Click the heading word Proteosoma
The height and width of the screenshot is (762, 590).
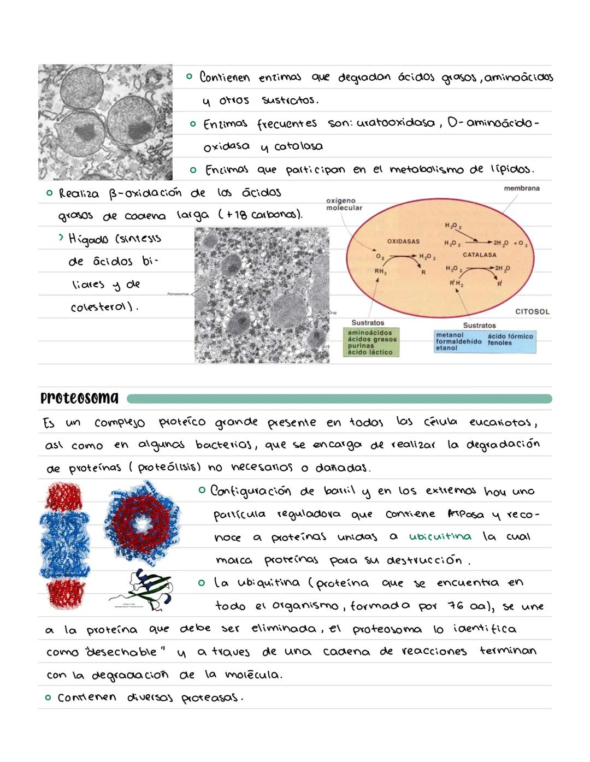79,398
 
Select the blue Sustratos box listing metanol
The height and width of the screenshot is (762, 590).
484,341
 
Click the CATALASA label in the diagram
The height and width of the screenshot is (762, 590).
479,255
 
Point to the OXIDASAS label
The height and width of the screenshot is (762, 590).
403,241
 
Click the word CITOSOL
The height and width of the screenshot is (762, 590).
532,312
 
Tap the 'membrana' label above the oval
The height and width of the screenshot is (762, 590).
521,188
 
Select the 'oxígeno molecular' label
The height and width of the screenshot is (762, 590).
344,204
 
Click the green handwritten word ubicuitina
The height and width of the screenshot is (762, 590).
440,536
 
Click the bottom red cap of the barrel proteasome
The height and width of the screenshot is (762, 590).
64,596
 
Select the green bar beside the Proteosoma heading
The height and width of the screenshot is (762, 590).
339,399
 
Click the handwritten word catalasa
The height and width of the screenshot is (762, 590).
298,146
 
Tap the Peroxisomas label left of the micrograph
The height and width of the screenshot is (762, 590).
179,293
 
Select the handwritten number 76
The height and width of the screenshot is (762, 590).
456,606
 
